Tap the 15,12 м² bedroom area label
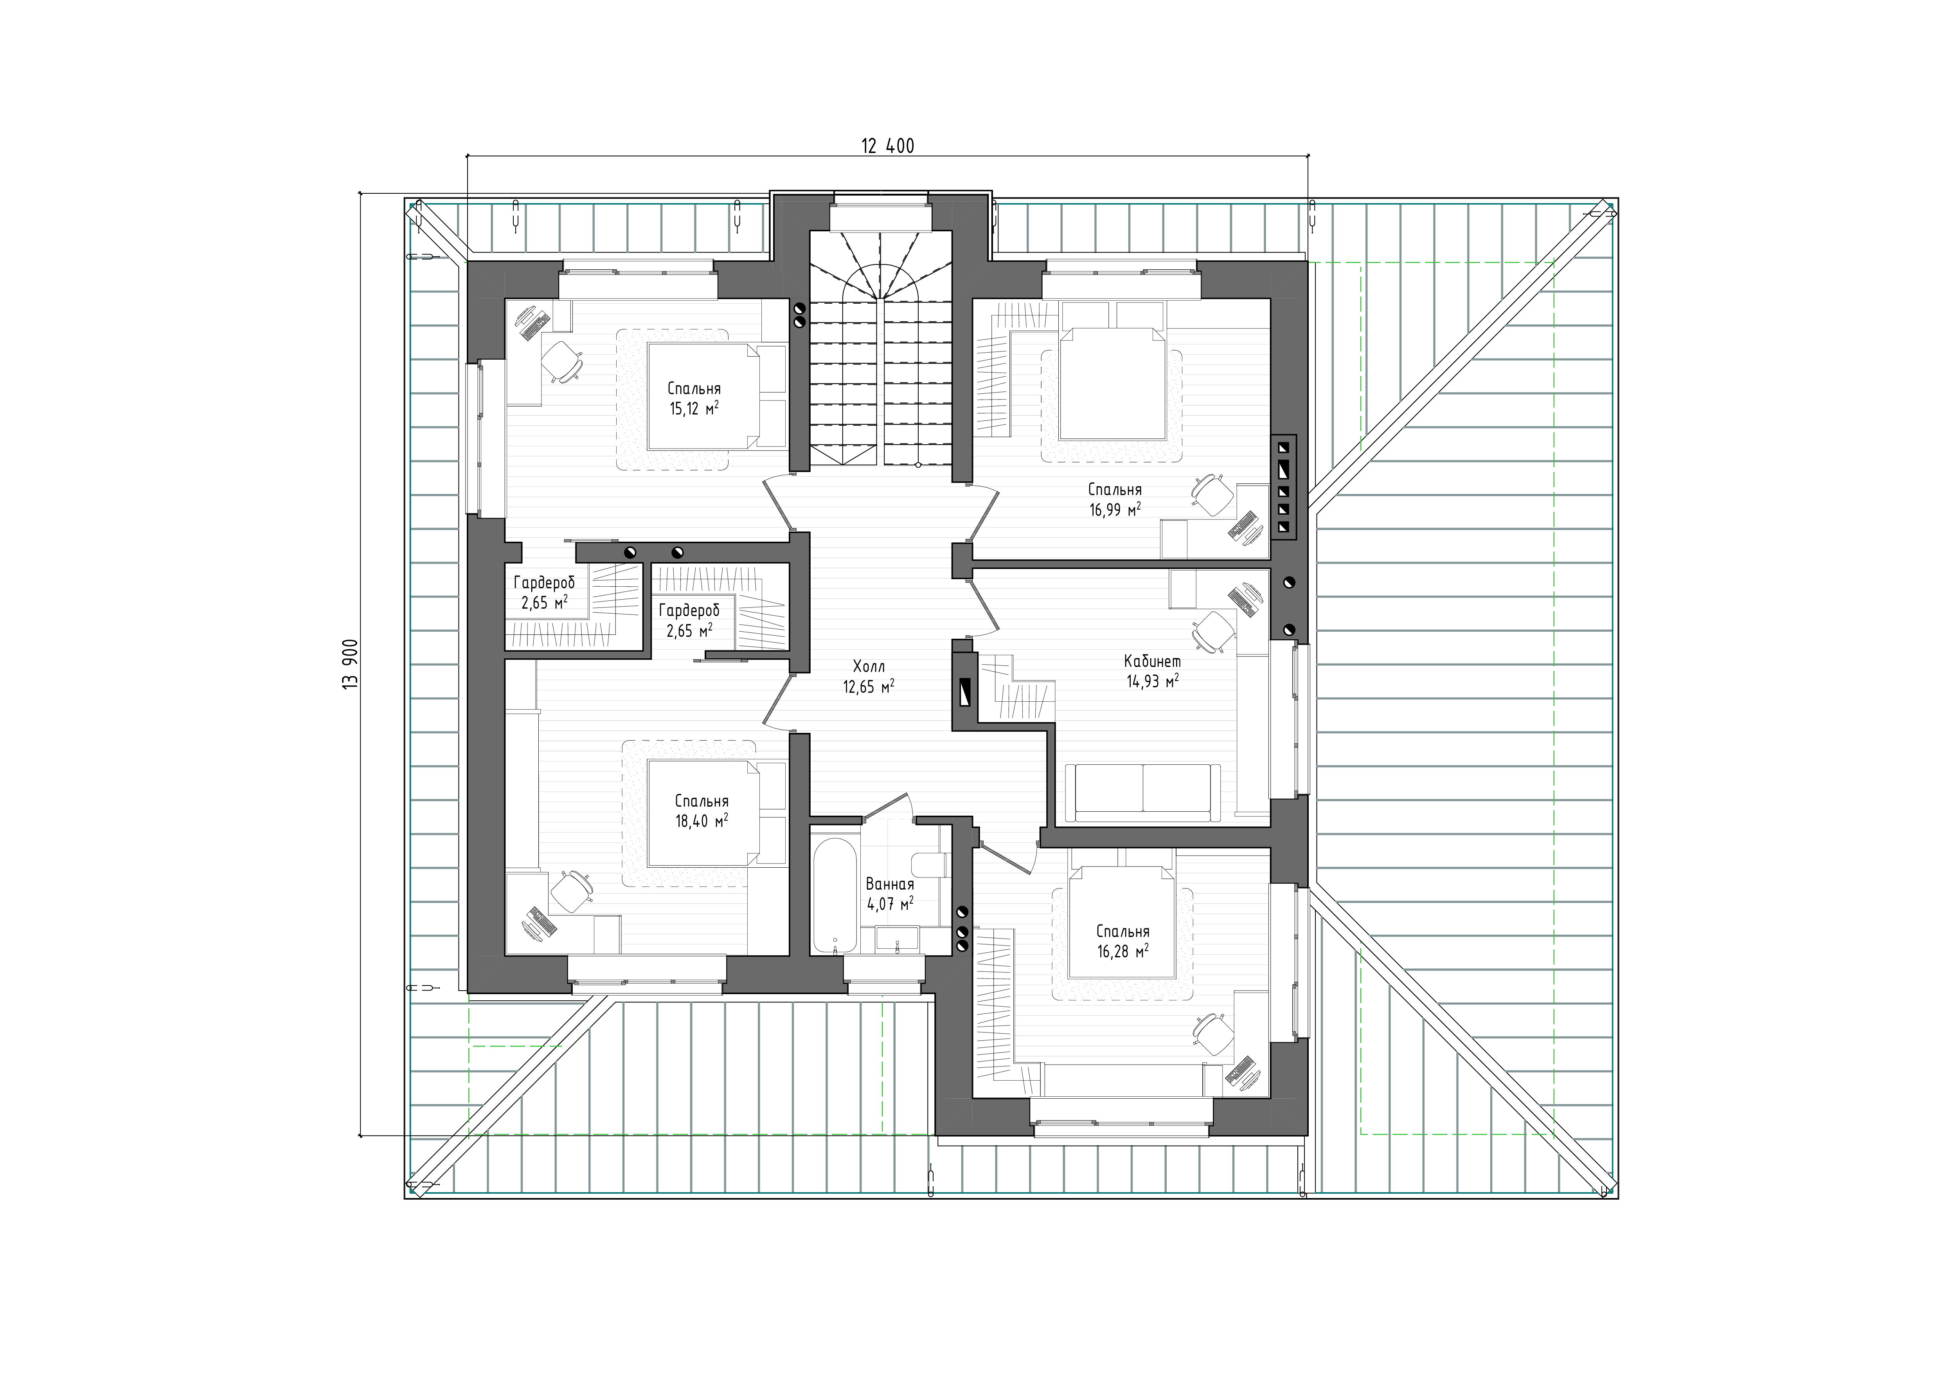click(694, 409)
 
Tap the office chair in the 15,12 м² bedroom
click(559, 361)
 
